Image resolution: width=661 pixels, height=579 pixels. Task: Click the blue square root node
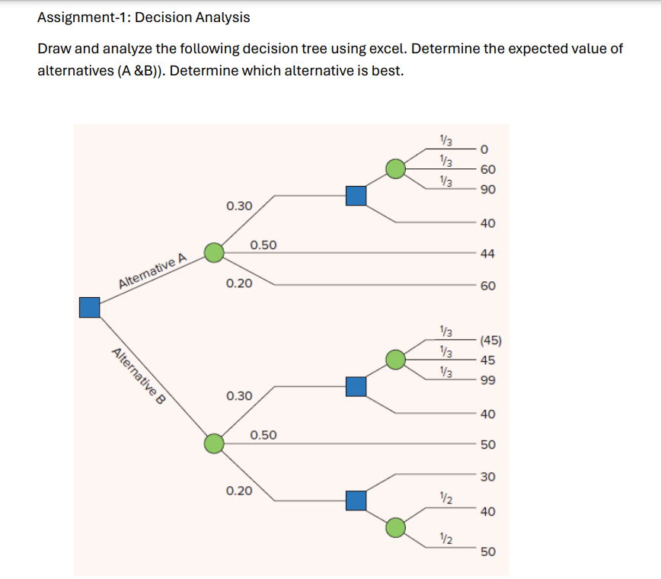tap(90, 307)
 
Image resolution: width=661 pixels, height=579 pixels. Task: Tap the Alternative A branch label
tap(153, 272)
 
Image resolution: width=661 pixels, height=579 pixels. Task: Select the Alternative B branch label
tap(139, 378)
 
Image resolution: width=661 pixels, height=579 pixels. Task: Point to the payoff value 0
tap(484, 149)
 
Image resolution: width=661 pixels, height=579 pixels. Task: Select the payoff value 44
tap(488, 253)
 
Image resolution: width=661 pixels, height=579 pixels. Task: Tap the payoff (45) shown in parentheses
tap(488, 341)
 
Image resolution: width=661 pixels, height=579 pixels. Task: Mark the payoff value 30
tap(488, 477)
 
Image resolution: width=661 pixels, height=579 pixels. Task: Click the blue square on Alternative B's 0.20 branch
tap(356, 501)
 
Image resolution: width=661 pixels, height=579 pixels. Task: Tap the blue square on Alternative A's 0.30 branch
tap(356, 196)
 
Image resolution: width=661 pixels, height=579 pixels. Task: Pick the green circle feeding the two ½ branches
tap(395, 526)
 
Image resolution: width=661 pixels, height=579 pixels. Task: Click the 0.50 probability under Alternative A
tap(263, 245)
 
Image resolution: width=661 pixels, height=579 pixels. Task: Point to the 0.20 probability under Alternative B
tap(239, 491)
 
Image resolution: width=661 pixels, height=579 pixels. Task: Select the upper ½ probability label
tap(446, 499)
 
